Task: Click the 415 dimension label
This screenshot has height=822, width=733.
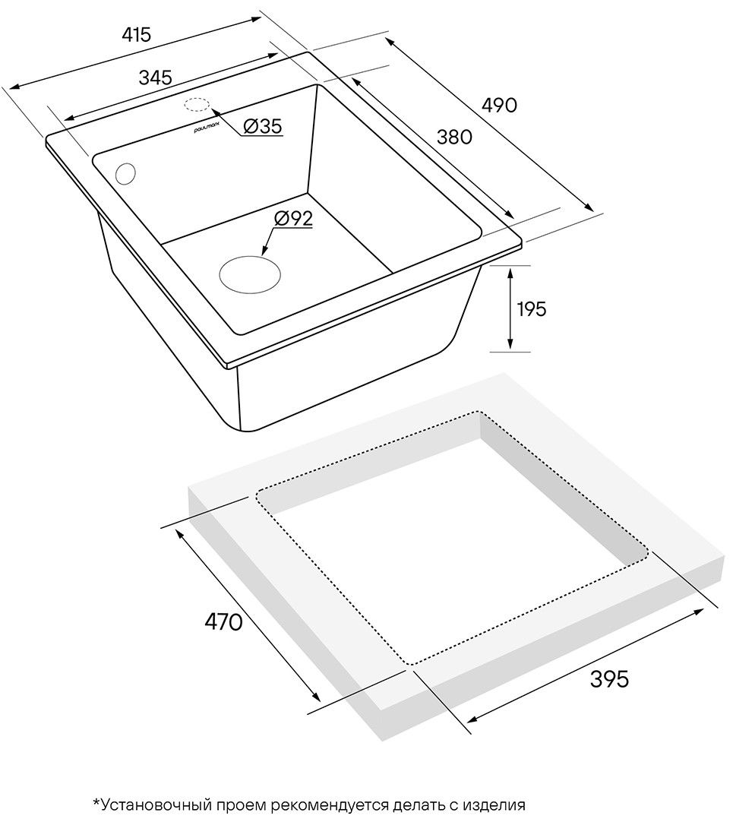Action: click(136, 35)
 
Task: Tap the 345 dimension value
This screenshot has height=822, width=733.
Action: click(155, 77)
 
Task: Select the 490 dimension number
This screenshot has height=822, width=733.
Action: click(499, 106)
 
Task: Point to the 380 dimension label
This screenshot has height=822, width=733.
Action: click(454, 138)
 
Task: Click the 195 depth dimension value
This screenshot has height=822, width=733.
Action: click(532, 309)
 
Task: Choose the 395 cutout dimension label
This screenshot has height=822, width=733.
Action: click(609, 679)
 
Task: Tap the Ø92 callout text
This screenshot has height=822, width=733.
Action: click(293, 218)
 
